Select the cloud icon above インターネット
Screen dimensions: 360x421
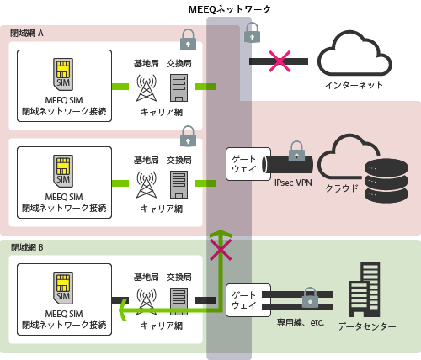pos(354,53)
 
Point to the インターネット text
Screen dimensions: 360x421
pos(354,85)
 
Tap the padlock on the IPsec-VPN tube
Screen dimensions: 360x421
pos(296,152)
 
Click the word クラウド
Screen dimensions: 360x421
pos(342,188)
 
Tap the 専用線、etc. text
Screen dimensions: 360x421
pos(299,322)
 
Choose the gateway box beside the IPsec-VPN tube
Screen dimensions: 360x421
pos(243,164)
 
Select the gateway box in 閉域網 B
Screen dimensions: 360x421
pos(243,300)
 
